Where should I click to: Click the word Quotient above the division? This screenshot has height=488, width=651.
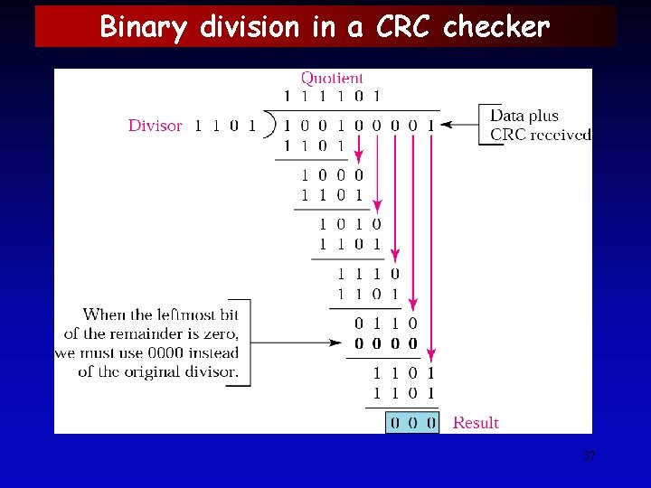[332, 79]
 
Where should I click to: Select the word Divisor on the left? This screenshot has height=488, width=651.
[155, 126]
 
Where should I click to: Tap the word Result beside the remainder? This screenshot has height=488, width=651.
[476, 422]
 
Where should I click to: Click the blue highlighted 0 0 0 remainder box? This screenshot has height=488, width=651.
[412, 422]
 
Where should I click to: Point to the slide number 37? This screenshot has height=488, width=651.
[590, 455]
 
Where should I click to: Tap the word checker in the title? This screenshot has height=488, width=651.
[496, 27]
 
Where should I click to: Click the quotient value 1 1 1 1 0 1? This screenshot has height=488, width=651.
[332, 96]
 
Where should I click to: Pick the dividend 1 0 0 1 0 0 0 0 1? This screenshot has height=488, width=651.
[359, 126]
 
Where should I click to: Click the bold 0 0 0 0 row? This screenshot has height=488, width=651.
[386, 343]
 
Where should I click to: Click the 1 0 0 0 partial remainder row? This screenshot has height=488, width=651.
[332, 174]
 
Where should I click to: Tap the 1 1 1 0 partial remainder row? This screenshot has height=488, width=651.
[368, 274]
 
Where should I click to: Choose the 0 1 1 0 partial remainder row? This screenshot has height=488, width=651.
[386, 323]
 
